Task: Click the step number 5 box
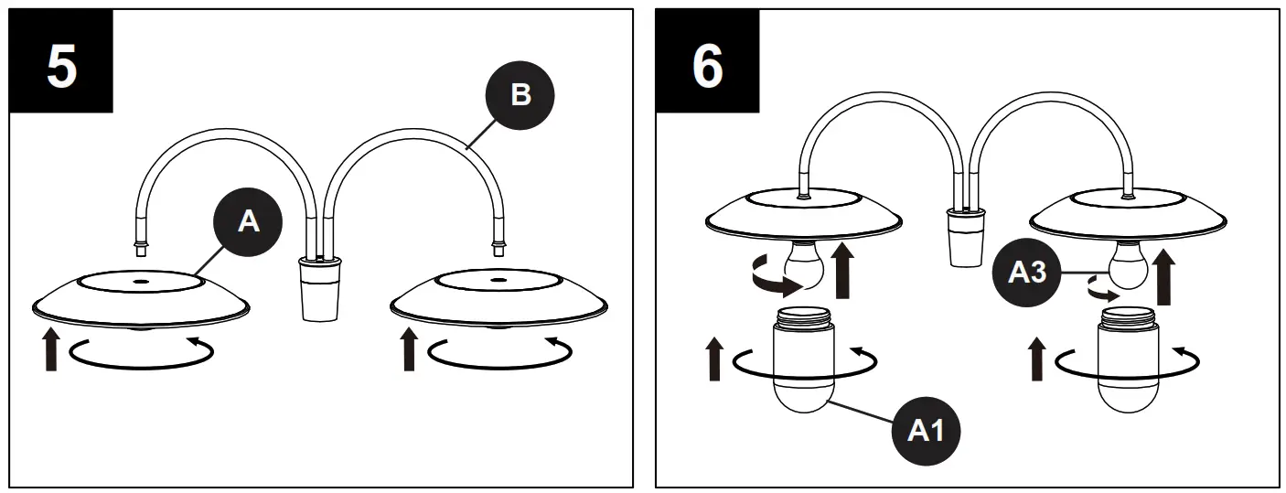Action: click(60, 61)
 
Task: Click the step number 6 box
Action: click(707, 61)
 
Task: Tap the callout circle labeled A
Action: click(248, 222)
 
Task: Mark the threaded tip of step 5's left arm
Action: click(140, 244)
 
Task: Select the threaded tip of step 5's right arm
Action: click(498, 244)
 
